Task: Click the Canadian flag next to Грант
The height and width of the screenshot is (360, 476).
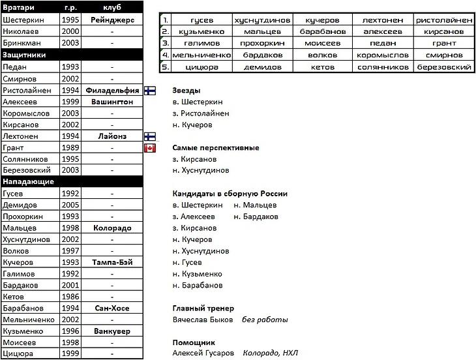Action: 149,148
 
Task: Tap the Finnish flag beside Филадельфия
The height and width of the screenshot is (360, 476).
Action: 149,91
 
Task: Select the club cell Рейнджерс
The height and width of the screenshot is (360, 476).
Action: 112,20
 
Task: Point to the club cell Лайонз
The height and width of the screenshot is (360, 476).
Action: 112,136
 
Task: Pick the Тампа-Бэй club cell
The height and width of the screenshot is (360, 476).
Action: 112,262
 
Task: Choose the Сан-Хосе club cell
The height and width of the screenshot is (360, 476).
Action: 112,308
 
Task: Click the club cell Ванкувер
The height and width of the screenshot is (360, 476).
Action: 112,331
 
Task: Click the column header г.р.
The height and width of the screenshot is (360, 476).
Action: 70,8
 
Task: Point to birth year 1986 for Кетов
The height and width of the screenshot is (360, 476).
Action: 70,297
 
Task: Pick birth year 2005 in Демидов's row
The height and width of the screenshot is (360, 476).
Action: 70,205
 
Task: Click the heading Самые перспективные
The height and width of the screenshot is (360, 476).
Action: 215,148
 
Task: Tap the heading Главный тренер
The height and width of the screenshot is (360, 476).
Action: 203,308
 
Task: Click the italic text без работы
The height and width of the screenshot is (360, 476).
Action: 265,320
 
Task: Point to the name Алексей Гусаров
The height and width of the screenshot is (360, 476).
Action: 202,353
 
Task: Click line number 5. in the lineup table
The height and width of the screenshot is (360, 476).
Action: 166,67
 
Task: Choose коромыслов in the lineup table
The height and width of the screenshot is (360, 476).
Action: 382,55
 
